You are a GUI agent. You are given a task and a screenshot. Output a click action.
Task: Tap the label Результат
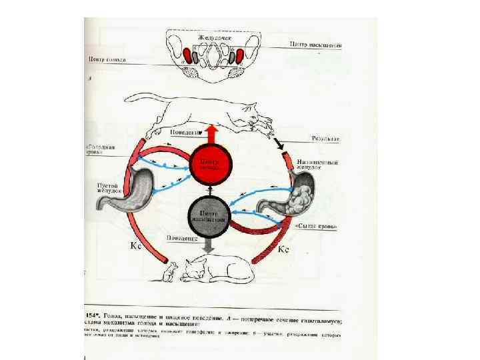pos(326,139)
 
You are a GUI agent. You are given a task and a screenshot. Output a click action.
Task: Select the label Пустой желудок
pos(107,186)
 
